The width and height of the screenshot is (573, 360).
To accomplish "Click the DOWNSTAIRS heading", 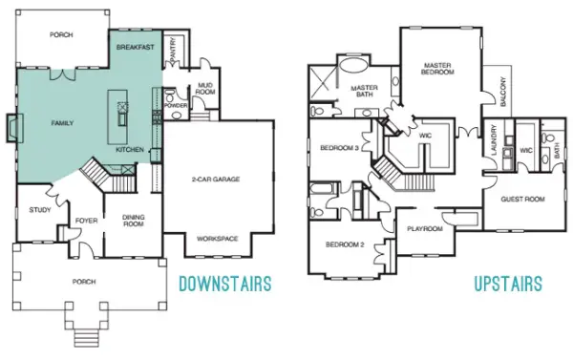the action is click(225, 284).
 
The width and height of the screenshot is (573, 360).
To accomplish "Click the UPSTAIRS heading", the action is click(508, 284).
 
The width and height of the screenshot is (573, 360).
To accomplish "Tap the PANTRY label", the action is click(173, 49).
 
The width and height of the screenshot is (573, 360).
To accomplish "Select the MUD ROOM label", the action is click(205, 89).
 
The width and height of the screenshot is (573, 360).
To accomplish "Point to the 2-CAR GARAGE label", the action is click(216, 180).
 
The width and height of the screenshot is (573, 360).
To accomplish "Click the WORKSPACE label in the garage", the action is click(218, 239).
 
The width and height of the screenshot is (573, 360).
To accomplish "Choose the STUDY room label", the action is click(40, 210).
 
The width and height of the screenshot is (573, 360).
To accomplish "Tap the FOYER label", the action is click(86, 221).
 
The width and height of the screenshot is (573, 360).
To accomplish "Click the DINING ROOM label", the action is click(134, 221).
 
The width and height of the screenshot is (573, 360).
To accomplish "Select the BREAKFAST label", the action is click(136, 47).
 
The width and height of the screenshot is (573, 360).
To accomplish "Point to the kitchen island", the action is click(117, 116).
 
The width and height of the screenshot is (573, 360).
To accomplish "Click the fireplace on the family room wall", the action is click(14, 128).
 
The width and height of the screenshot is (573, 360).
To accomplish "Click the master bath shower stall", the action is click(322, 82).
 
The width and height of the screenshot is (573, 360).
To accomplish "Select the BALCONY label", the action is click(503, 92).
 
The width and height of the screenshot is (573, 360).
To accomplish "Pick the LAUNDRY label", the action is click(494, 140).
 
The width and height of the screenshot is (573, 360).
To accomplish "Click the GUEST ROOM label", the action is click(522, 200).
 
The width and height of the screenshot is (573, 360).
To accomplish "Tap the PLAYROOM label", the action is click(425, 229).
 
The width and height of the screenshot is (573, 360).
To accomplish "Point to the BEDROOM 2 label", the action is click(345, 244).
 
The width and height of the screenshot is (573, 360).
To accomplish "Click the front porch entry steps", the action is click(87, 338).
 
